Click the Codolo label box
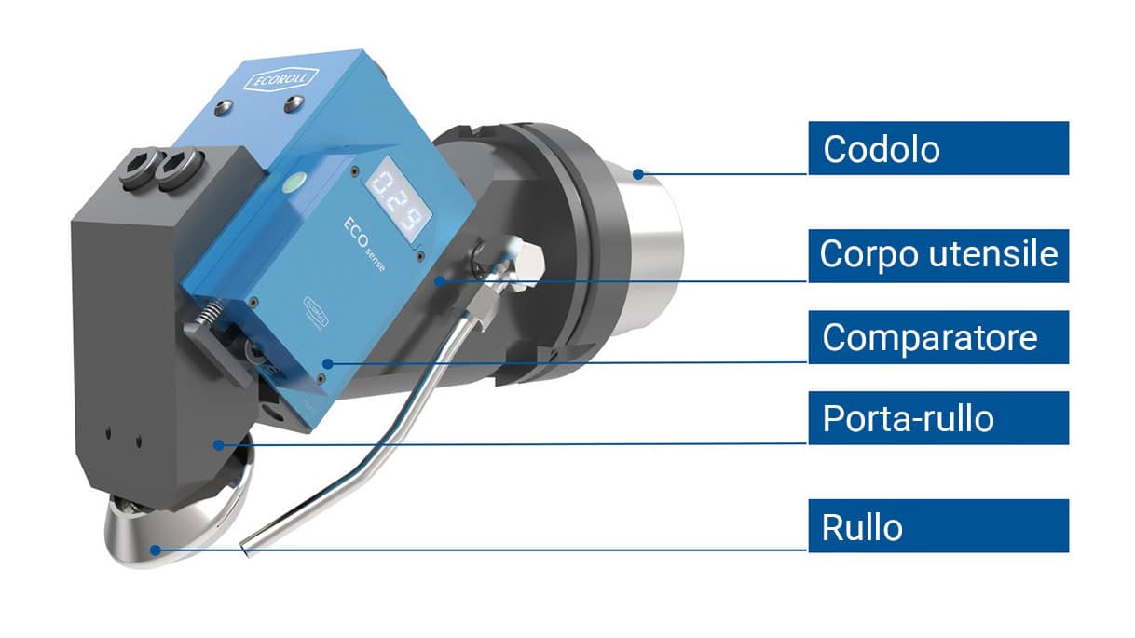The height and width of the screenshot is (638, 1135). point(937,148)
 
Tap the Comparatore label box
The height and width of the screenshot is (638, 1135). point(937,336)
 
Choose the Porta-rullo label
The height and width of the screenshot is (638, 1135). point(937,418)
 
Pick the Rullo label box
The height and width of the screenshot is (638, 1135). point(937,526)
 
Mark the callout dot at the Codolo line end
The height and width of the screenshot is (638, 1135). point(637,173)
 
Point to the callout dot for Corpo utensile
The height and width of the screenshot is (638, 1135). point(439,279)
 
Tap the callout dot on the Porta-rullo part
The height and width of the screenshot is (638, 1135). point(217,445)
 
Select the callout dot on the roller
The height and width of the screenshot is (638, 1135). point(156,550)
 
